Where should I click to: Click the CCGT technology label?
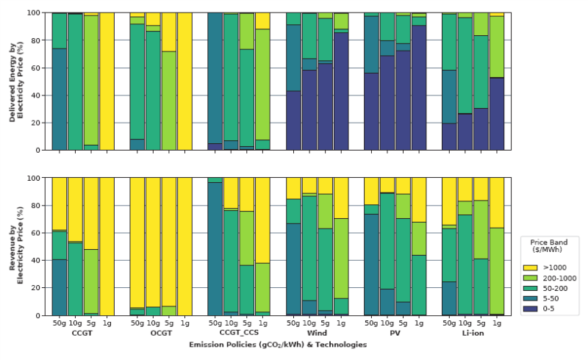(82, 334)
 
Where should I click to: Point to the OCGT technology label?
(161, 334)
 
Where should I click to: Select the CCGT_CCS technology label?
(239, 334)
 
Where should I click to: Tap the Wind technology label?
(318, 334)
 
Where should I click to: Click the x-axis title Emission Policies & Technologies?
(278, 345)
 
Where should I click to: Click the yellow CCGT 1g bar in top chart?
(106, 81)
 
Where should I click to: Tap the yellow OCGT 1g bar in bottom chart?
(184, 246)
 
